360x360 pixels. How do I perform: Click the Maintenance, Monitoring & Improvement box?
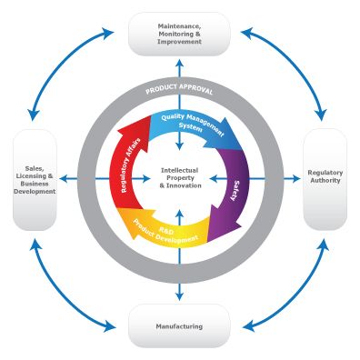[178, 34]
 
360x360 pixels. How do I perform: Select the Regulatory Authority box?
[325, 178]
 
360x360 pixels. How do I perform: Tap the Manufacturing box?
[178, 325]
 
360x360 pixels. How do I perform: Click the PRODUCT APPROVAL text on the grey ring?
[179, 92]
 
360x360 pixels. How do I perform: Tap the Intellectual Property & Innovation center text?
[179, 178]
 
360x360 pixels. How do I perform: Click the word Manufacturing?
[178, 325]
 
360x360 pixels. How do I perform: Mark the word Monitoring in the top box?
[171, 33]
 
